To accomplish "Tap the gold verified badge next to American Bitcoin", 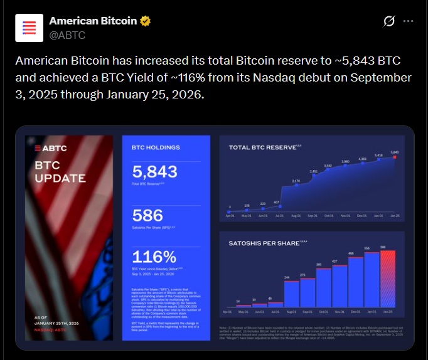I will (x=145, y=21).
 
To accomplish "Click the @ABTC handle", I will (x=67, y=35).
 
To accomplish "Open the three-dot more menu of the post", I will (x=408, y=21).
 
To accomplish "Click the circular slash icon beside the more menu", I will (x=388, y=21).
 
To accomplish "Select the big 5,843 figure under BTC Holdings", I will (x=155, y=172).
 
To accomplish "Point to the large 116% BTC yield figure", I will (x=154, y=257).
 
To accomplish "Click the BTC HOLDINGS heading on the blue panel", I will (x=154, y=149).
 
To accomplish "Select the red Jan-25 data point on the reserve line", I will (x=394, y=157).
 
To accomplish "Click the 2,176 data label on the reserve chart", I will (x=296, y=181).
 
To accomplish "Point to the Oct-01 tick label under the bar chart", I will (x=323, y=311).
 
